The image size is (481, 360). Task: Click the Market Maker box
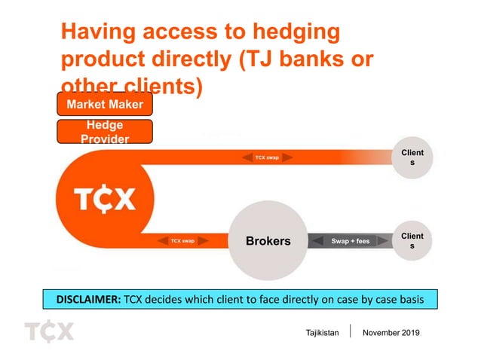[x=105, y=104]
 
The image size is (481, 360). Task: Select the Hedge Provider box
[x=105, y=132]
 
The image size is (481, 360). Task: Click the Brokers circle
[x=268, y=241]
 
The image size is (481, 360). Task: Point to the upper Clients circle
[x=412, y=158]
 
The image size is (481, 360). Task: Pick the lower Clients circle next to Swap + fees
[x=412, y=241]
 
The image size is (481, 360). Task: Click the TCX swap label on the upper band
[x=267, y=157]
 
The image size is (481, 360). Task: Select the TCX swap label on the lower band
[x=182, y=241]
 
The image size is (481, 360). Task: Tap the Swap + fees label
[x=351, y=241]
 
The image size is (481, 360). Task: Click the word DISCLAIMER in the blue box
[x=83, y=299]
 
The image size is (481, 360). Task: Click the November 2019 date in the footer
[x=392, y=333]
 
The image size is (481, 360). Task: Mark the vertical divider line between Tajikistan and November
[x=352, y=333]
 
